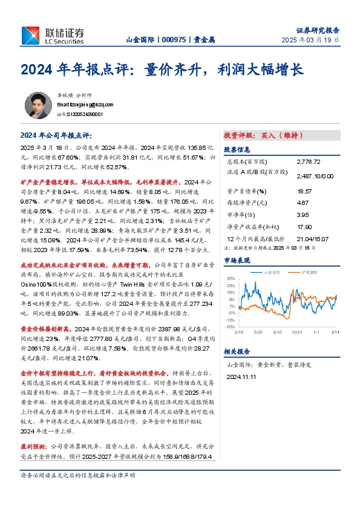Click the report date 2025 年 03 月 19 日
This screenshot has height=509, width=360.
310,41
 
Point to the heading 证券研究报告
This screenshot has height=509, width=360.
318,30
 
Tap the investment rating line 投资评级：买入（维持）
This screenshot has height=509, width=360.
263,135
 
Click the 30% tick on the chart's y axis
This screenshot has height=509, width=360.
231,278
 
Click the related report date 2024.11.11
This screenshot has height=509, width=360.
242,376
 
